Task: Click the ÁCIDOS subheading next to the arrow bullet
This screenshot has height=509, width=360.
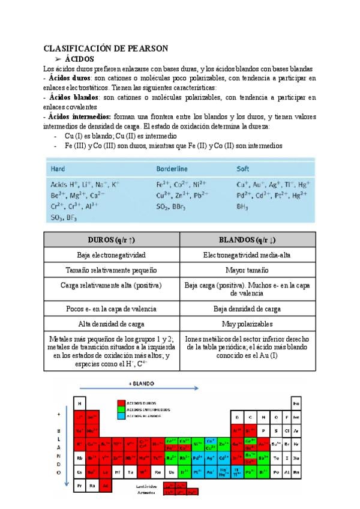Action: [x=79, y=59]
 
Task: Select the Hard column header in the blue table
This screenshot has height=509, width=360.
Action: [x=59, y=169]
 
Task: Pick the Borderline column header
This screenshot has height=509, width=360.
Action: [x=172, y=169]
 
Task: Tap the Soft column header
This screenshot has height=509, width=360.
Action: [x=243, y=169]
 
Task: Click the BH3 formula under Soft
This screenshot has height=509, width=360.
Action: [x=243, y=206]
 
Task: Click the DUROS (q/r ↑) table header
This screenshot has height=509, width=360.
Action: [x=112, y=239]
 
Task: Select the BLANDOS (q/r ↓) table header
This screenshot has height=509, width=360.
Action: [x=247, y=239]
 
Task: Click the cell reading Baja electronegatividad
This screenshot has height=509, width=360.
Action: [x=112, y=255]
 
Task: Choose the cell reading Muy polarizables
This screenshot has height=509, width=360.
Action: [x=247, y=324]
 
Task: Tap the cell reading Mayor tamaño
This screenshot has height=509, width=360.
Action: [x=247, y=270]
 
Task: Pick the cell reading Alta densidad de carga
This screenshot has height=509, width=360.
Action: [x=112, y=324]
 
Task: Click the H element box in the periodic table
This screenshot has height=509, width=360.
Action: [x=79, y=403]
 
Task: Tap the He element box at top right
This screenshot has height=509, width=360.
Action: [x=296, y=403]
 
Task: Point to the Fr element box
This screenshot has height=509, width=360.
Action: [x=79, y=485]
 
